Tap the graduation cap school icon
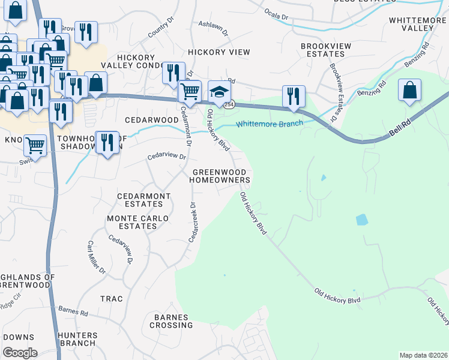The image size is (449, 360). [220, 92]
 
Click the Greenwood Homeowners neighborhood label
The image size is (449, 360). [221, 176]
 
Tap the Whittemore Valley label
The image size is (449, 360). [417, 24]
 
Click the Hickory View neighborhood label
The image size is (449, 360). [218, 53]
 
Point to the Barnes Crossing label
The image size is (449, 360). [172, 321]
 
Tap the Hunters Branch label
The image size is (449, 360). [76, 339]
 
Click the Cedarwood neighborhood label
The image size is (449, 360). [151, 120]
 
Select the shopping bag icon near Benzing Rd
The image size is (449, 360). [409, 91]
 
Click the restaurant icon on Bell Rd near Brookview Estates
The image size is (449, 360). [294, 96]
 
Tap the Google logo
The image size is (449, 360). [20, 353]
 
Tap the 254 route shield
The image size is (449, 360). [229, 104]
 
